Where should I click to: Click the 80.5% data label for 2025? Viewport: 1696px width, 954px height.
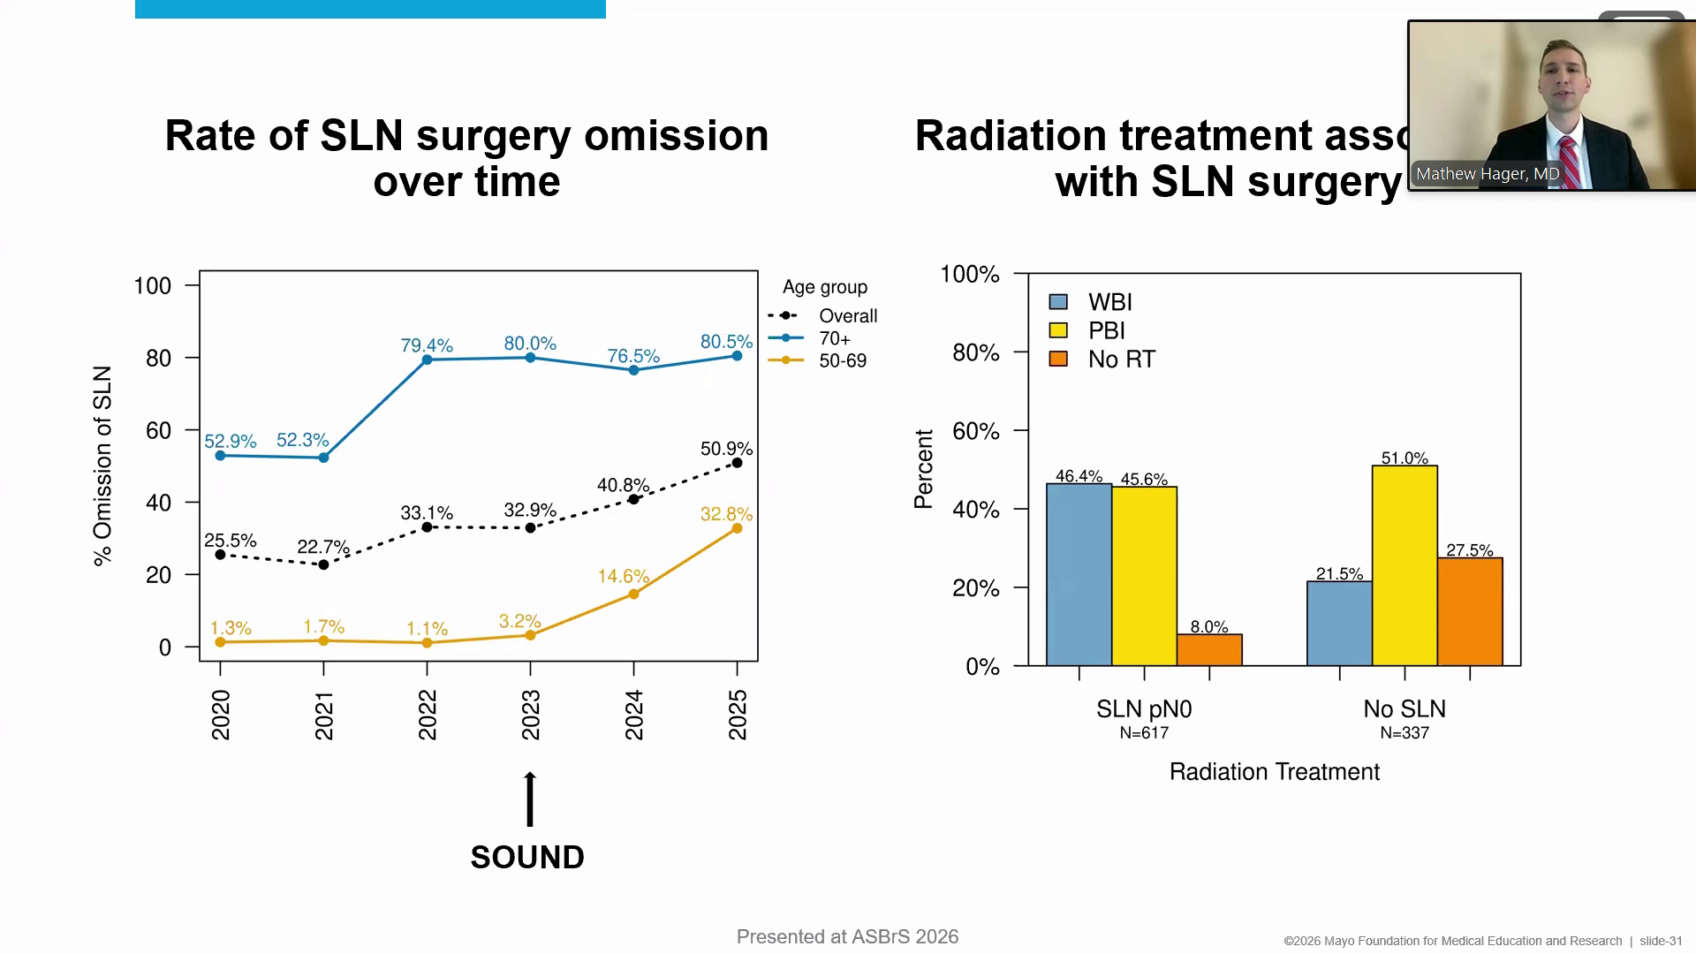726,341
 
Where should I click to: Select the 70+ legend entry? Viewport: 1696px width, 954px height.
834,338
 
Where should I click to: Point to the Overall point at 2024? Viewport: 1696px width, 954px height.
633,500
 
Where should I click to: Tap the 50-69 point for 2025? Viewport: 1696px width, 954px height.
738,528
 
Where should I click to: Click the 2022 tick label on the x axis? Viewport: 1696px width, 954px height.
428,715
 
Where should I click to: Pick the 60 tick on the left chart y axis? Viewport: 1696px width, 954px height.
159,430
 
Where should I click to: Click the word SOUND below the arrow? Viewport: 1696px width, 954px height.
527,857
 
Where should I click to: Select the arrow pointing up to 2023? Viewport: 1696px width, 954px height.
530,799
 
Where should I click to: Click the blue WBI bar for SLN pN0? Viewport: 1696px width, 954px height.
1079,574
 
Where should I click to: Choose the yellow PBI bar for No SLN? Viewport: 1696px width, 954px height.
1404,565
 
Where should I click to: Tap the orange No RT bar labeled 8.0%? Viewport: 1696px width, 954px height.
1209,650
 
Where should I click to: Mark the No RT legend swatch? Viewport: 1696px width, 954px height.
1058,360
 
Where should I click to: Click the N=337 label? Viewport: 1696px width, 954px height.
1404,733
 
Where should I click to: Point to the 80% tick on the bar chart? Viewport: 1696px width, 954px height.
976,352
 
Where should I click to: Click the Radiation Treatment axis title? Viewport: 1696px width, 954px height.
1274,772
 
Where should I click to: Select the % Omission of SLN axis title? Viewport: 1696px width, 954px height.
103,466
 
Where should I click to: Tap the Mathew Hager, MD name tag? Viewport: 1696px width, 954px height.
1488,174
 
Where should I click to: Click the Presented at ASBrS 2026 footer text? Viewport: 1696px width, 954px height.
847,936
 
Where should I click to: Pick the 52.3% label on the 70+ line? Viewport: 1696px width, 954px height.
302,440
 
